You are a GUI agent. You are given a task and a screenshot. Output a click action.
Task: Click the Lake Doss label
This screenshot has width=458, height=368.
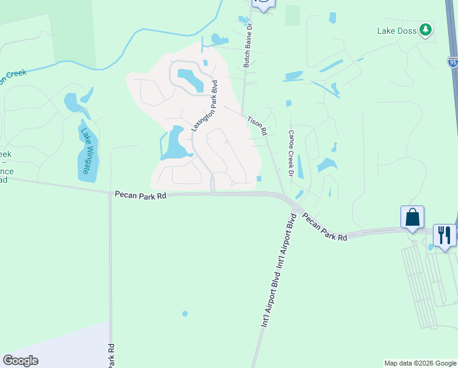[396, 30]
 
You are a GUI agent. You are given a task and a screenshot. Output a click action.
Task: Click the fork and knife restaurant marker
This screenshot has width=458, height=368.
[445, 235]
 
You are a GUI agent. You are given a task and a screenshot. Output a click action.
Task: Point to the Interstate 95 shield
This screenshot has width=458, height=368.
[452, 61]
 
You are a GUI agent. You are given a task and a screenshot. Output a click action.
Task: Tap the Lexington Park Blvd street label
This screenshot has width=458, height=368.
[205, 105]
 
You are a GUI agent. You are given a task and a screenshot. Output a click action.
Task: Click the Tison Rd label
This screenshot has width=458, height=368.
[257, 125]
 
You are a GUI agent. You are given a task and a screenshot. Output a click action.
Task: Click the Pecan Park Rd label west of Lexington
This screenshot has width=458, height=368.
[140, 195]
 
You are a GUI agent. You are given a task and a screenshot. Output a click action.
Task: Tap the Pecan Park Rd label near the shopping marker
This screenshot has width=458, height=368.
[325, 227]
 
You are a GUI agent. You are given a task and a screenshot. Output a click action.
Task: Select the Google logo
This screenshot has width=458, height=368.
[20, 361]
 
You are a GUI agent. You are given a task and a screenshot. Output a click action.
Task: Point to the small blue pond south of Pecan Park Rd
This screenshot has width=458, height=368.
[185, 315]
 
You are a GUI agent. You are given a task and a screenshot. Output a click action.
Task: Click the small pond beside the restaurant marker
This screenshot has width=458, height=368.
[431, 247]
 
